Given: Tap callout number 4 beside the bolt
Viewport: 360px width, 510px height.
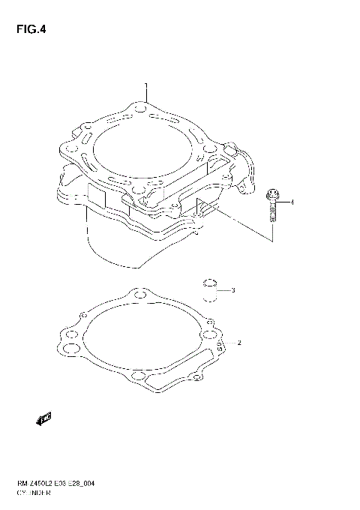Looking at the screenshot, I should click(x=292, y=202).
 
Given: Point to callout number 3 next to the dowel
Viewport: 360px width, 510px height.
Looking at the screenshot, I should click(x=233, y=290).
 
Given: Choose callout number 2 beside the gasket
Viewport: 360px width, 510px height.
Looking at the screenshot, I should click(x=238, y=343).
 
